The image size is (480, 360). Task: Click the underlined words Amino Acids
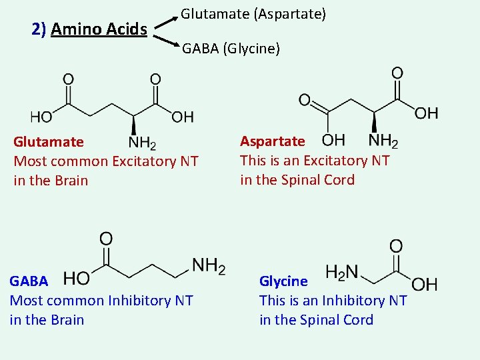99,29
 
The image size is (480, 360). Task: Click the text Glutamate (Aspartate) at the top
253,13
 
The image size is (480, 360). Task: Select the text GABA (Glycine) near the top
231,49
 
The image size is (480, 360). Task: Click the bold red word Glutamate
49,142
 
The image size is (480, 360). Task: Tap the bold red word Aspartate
272,141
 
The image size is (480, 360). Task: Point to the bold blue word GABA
29,281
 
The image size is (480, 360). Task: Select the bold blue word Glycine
283,281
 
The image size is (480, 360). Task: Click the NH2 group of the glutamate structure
142,143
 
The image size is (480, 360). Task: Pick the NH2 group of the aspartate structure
383,141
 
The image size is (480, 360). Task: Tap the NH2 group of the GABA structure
209,267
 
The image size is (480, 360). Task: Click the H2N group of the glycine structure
342,272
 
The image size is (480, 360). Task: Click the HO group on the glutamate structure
41,117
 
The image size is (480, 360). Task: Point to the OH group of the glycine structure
424,285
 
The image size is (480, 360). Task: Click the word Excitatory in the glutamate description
145,161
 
